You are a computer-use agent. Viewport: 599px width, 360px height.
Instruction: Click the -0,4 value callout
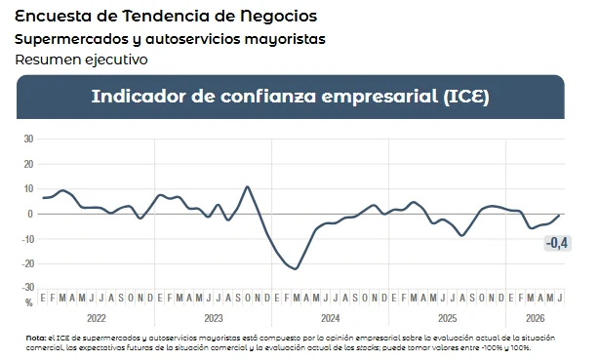pos(558,243)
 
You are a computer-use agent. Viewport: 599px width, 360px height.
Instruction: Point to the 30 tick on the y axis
pos(28,139)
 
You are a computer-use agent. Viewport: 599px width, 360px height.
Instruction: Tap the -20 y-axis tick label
pos(27,263)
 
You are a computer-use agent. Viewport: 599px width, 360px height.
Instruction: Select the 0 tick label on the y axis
pos(30,214)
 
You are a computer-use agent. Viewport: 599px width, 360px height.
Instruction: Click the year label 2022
pos(97,318)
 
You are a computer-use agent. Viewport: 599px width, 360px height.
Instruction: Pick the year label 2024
pos(331,318)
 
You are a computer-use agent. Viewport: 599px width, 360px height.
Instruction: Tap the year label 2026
pos(535,318)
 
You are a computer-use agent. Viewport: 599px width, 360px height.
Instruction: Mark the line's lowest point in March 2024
pos(296,268)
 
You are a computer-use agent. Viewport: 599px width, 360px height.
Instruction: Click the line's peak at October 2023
pos(247,187)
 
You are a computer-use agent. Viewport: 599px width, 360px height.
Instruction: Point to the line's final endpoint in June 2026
pos(560,216)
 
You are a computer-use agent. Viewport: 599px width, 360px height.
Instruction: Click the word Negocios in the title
pos(279,16)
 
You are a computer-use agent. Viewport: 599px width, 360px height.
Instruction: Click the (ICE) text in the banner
pos(466,97)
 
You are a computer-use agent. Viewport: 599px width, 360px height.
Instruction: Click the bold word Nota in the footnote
pos(35,339)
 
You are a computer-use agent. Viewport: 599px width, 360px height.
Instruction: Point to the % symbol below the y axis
pos(29,302)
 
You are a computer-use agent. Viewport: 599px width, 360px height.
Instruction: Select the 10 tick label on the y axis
pos(28,189)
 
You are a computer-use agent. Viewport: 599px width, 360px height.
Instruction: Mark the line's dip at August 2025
pos(462,235)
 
